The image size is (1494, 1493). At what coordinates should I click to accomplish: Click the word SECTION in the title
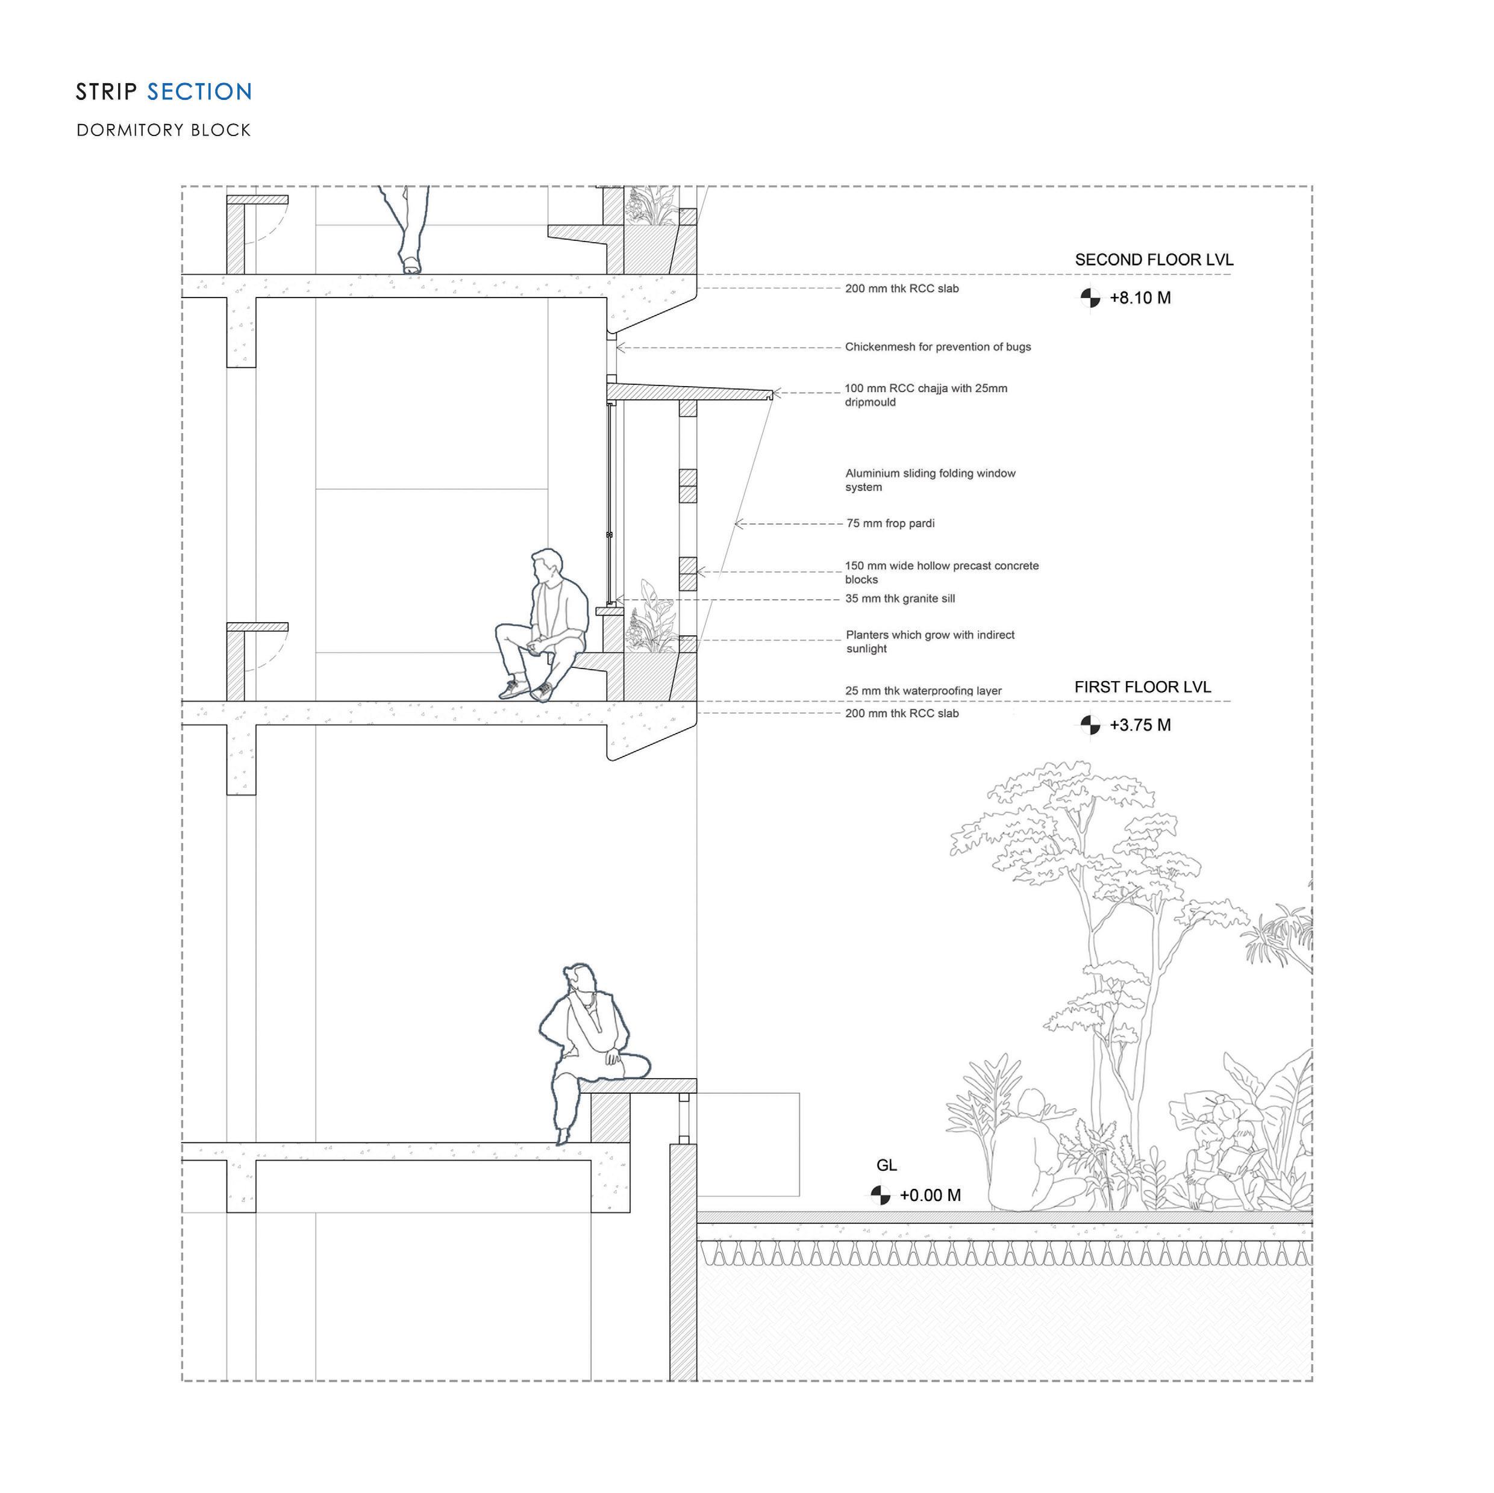199,92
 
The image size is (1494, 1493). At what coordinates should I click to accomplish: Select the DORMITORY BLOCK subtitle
163,130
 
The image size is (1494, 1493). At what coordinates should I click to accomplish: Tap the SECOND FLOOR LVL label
1154,260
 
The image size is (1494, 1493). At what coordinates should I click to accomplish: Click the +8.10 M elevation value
1140,298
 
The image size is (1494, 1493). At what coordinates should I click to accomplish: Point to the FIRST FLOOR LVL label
1142,687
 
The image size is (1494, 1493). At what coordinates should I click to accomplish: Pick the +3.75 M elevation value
1140,725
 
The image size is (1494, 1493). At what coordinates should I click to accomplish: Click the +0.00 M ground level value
930,1195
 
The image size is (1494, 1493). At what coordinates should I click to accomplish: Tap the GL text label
886,1165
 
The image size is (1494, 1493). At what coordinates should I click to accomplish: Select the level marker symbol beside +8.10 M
1090,298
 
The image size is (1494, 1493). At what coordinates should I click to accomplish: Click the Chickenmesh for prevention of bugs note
937,346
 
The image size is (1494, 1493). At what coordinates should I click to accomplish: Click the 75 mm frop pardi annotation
890,523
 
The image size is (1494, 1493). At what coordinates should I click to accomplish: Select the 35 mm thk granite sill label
899,599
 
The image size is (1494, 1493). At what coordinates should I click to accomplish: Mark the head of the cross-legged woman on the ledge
581,980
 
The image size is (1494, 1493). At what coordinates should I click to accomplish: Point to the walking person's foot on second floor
411,266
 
